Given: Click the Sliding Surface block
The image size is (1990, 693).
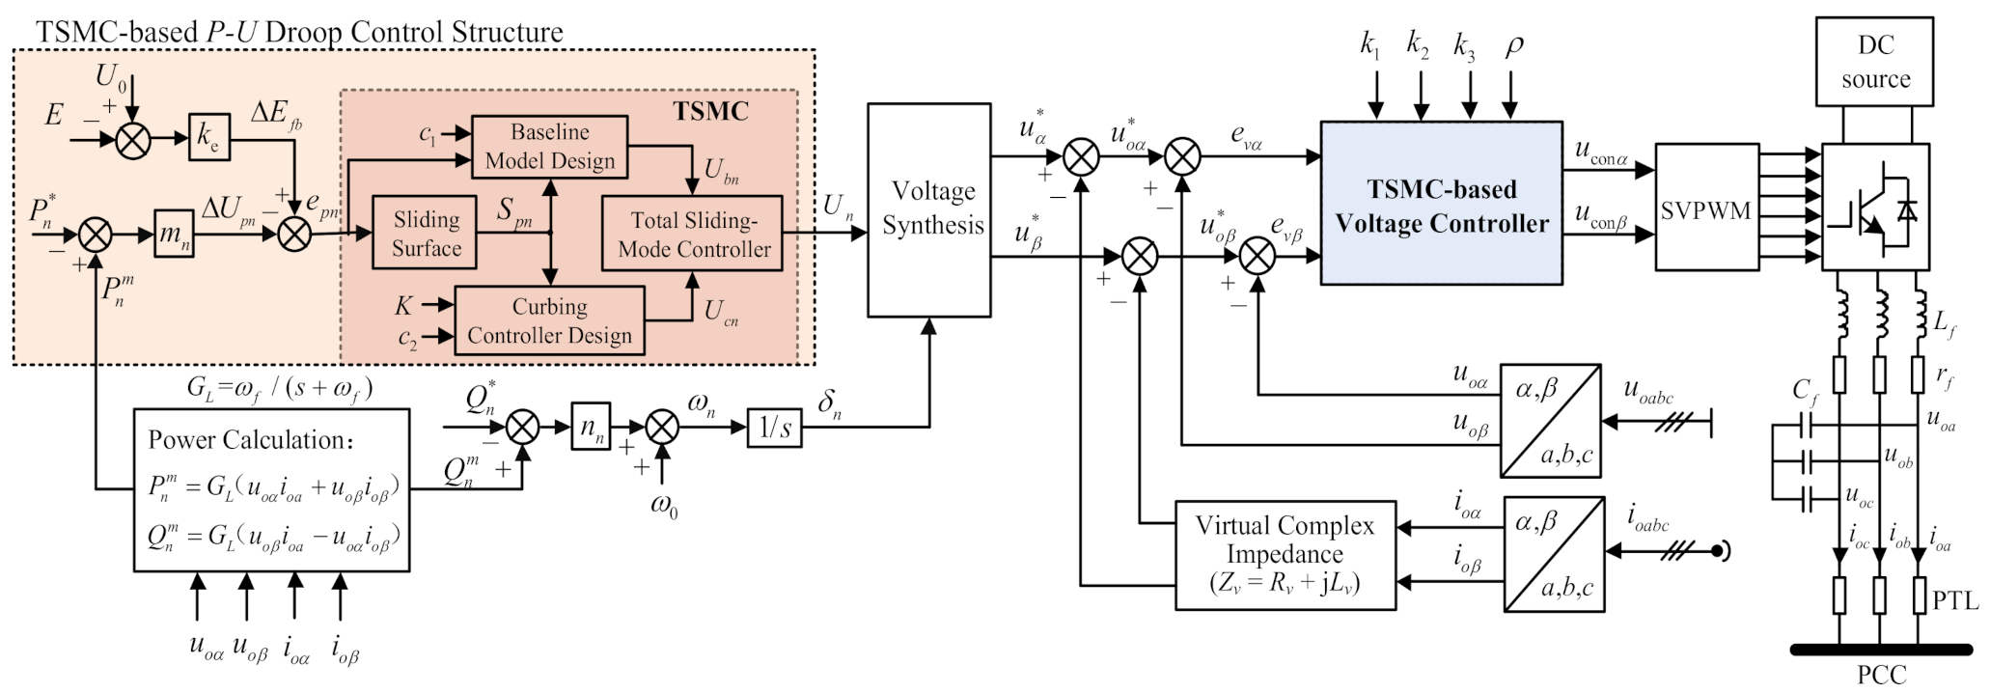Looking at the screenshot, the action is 427,233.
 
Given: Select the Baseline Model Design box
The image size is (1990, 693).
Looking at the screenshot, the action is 550,147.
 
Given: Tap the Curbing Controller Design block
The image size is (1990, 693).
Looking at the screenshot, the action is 549,320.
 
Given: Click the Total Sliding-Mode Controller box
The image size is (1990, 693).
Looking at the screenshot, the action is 692,234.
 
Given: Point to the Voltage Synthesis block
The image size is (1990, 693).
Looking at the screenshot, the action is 929,210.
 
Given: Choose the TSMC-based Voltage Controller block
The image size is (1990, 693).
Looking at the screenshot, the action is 1441,204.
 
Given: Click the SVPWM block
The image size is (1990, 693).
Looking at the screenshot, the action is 1705,208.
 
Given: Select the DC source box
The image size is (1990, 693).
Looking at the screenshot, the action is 1875,62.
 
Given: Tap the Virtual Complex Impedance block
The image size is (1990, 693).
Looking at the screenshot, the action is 1285,555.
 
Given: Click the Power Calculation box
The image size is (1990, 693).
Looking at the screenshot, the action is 271,490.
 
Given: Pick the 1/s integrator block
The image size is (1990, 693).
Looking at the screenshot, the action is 775,427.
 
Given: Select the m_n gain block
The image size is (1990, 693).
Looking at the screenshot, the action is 174,236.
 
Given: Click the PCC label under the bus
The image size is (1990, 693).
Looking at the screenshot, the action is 1881,676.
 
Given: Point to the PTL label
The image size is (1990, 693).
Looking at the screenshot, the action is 1954,600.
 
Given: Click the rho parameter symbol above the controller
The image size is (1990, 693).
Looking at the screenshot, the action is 1513,46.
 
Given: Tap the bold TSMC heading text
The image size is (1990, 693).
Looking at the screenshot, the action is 710,111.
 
